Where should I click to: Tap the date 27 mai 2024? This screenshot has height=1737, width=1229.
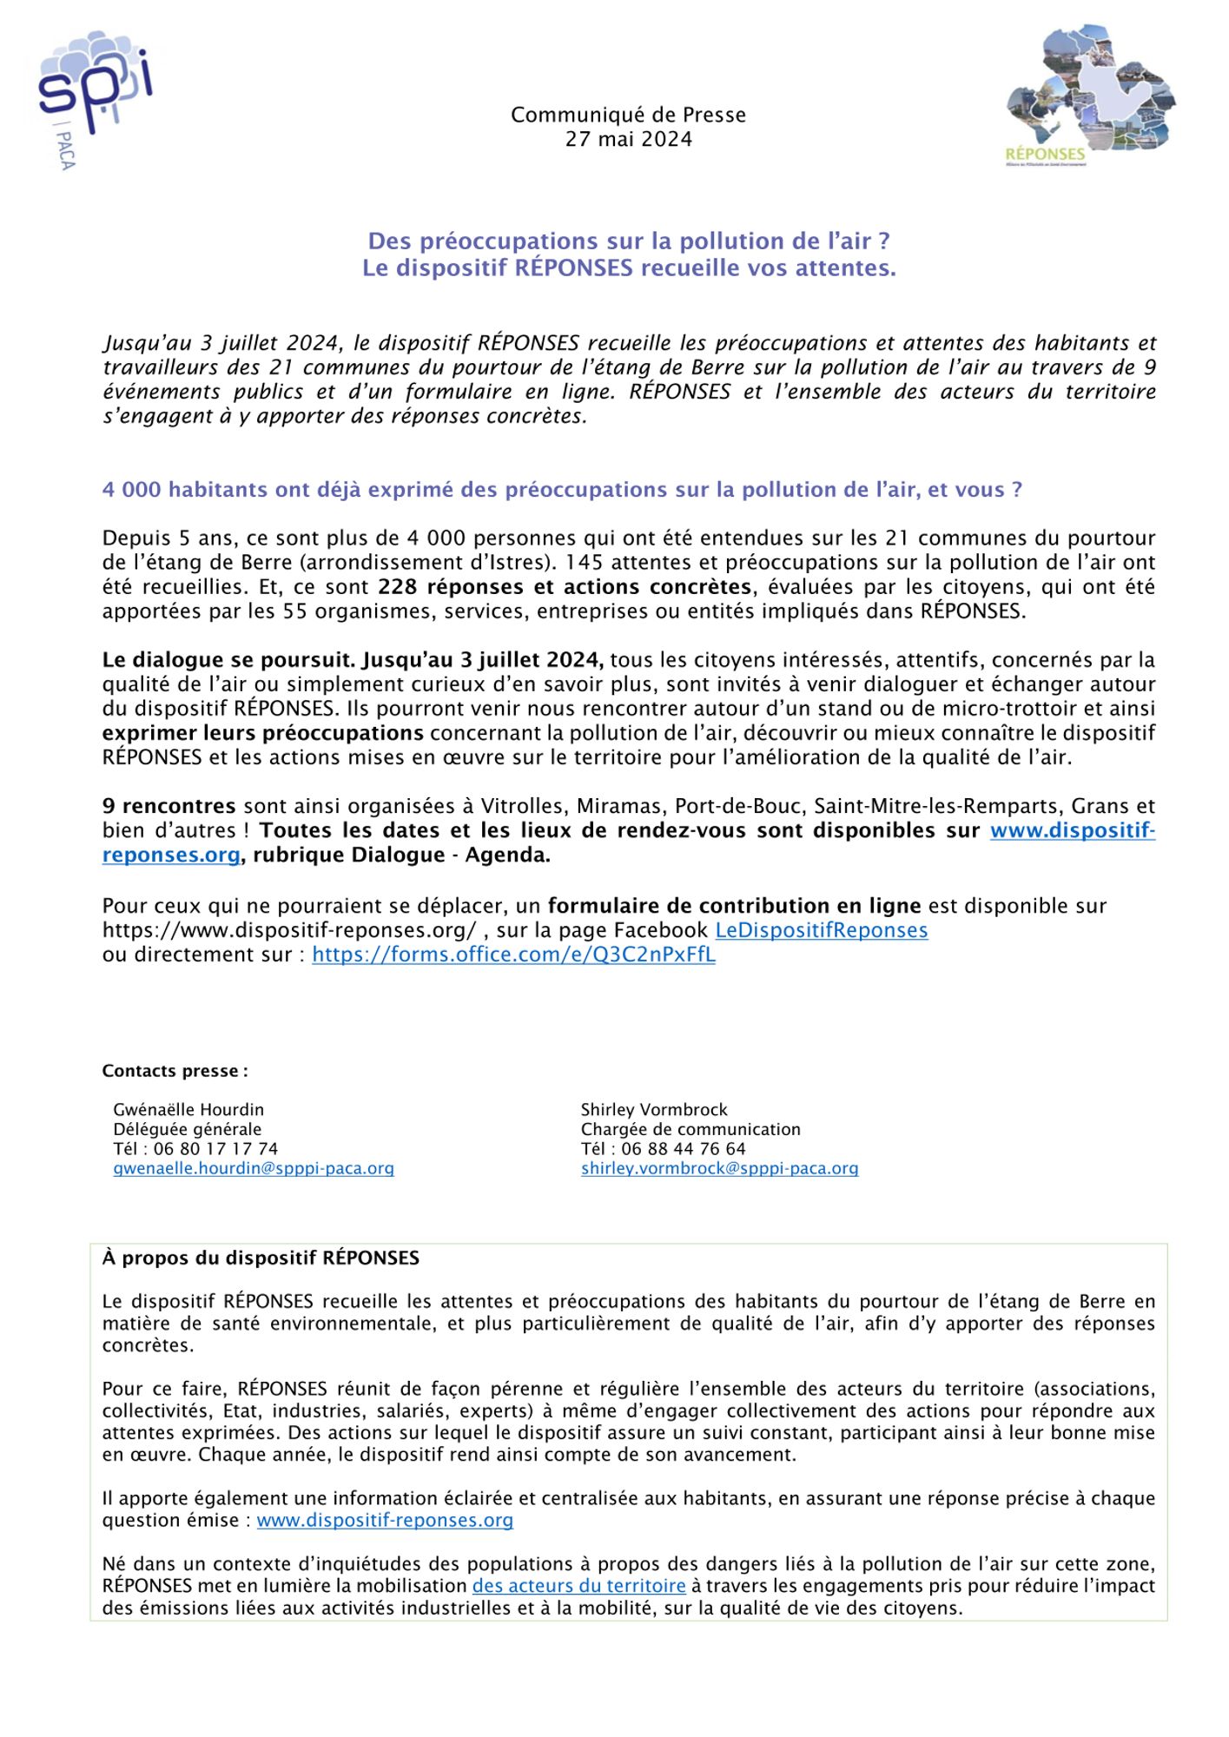(628, 139)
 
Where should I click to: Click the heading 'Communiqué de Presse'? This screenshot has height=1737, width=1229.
(628, 115)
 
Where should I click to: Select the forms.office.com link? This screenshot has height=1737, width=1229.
(513, 954)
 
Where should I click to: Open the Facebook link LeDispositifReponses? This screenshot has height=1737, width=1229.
(821, 930)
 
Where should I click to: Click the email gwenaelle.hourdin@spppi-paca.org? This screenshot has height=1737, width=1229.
(254, 1168)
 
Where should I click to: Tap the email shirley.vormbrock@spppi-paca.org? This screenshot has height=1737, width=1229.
(719, 1168)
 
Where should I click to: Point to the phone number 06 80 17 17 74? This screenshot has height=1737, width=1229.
(215, 1148)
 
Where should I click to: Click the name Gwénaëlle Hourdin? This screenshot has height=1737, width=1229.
(188, 1109)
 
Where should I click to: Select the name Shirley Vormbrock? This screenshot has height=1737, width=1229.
(654, 1109)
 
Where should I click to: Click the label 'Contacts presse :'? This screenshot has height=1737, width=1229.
(175, 1071)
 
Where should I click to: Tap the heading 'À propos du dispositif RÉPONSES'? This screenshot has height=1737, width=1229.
(261, 1258)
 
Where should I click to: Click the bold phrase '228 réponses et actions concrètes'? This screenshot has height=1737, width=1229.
(565, 587)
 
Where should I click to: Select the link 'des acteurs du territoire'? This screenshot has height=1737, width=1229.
(578, 1586)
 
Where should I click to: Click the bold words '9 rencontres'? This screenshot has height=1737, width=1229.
(169, 806)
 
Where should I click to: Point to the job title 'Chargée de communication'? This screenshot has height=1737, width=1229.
(690, 1129)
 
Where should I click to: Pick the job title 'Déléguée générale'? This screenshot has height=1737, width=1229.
(187, 1129)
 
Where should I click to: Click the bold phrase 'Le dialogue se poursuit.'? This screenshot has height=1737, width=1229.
(228, 660)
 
